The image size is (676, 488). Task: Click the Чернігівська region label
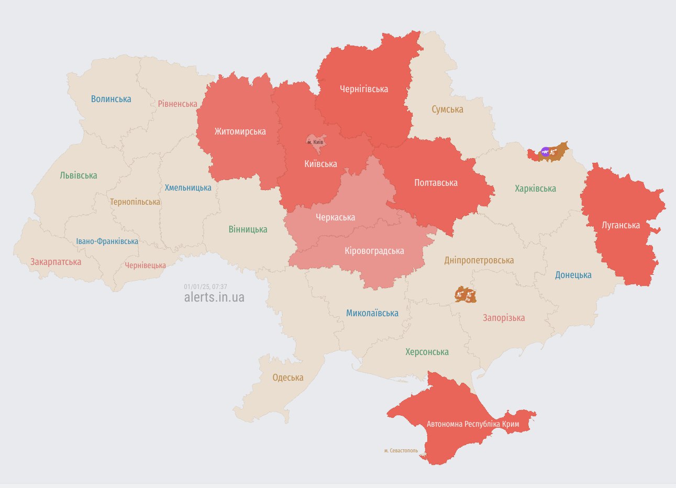tap(364, 89)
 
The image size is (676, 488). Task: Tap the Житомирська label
tap(240, 131)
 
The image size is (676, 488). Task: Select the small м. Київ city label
tap(315, 142)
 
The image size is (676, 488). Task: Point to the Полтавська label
tap(436, 183)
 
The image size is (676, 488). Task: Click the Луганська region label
tap(620, 225)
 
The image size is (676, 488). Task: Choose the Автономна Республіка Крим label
tap(473, 424)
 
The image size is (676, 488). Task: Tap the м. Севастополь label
tap(401, 450)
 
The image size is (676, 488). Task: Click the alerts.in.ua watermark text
tap(214, 297)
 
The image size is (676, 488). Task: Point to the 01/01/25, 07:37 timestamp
tap(205, 286)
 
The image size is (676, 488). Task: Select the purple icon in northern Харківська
tap(545, 152)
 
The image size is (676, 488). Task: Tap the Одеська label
tap(287, 378)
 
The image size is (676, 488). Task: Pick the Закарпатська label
tap(56, 261)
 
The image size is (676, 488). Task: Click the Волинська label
tap(111, 99)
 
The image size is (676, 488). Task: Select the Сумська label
tap(447, 109)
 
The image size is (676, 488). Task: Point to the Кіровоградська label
tap(374, 251)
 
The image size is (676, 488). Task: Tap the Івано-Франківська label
tap(107, 241)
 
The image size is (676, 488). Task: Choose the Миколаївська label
tap(372, 313)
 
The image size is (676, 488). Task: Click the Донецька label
tap(573, 275)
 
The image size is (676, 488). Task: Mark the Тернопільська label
tap(135, 202)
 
